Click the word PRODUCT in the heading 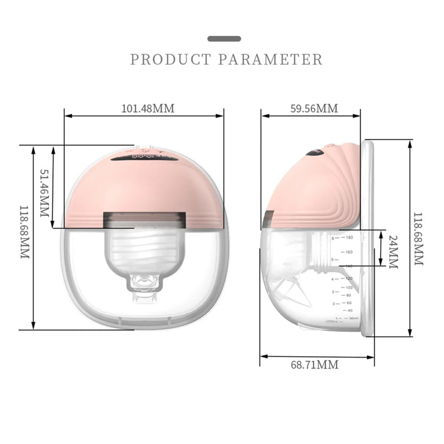tap(171, 60)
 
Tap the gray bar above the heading tap(224, 38)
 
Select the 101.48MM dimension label tap(148, 109)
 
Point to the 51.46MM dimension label tap(45, 193)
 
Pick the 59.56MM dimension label tap(314, 109)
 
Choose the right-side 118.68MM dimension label tap(418, 238)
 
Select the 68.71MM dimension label tap(314, 364)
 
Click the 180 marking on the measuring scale tap(349, 238)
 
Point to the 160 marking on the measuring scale tap(349, 252)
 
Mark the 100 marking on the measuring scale tap(349, 287)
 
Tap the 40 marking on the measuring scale tap(350, 310)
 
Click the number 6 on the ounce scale tap(332, 238)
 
